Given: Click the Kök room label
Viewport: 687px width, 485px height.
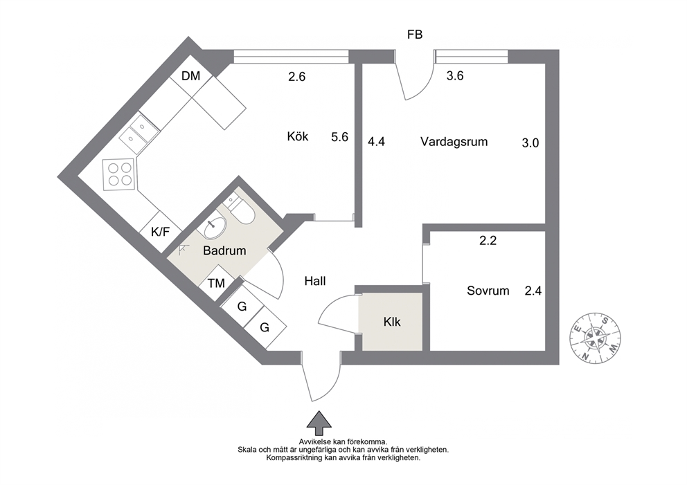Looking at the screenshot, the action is pos(298,136).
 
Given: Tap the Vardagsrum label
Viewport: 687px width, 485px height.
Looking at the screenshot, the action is pos(454,142).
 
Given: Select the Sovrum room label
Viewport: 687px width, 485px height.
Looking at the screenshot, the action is pos(488,291).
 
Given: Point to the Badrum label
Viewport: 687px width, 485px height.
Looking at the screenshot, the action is pos(224,251).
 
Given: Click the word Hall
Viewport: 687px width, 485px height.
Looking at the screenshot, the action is pos(315,281).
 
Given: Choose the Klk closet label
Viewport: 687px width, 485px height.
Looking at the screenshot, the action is pos(392,322).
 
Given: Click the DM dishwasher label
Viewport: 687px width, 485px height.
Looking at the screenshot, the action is pos(190,76).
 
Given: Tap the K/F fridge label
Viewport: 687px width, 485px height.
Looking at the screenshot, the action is pos(161,232).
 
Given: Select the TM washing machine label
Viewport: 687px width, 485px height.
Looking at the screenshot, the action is pos(217,284).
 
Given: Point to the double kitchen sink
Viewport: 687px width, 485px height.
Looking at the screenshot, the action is pos(139,133).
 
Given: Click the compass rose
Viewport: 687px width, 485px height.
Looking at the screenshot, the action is pos(596,338).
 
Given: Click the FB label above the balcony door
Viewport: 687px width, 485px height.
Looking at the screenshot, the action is pos(414,35).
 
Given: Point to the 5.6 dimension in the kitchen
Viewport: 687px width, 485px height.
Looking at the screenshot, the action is pos(339,137).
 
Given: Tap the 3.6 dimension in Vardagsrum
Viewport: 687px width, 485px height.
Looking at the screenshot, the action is pos(455,76).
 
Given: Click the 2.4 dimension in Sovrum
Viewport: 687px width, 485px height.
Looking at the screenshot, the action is pos(533,291).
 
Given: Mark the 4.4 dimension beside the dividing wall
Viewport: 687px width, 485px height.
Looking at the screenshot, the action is pos(376,142).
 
